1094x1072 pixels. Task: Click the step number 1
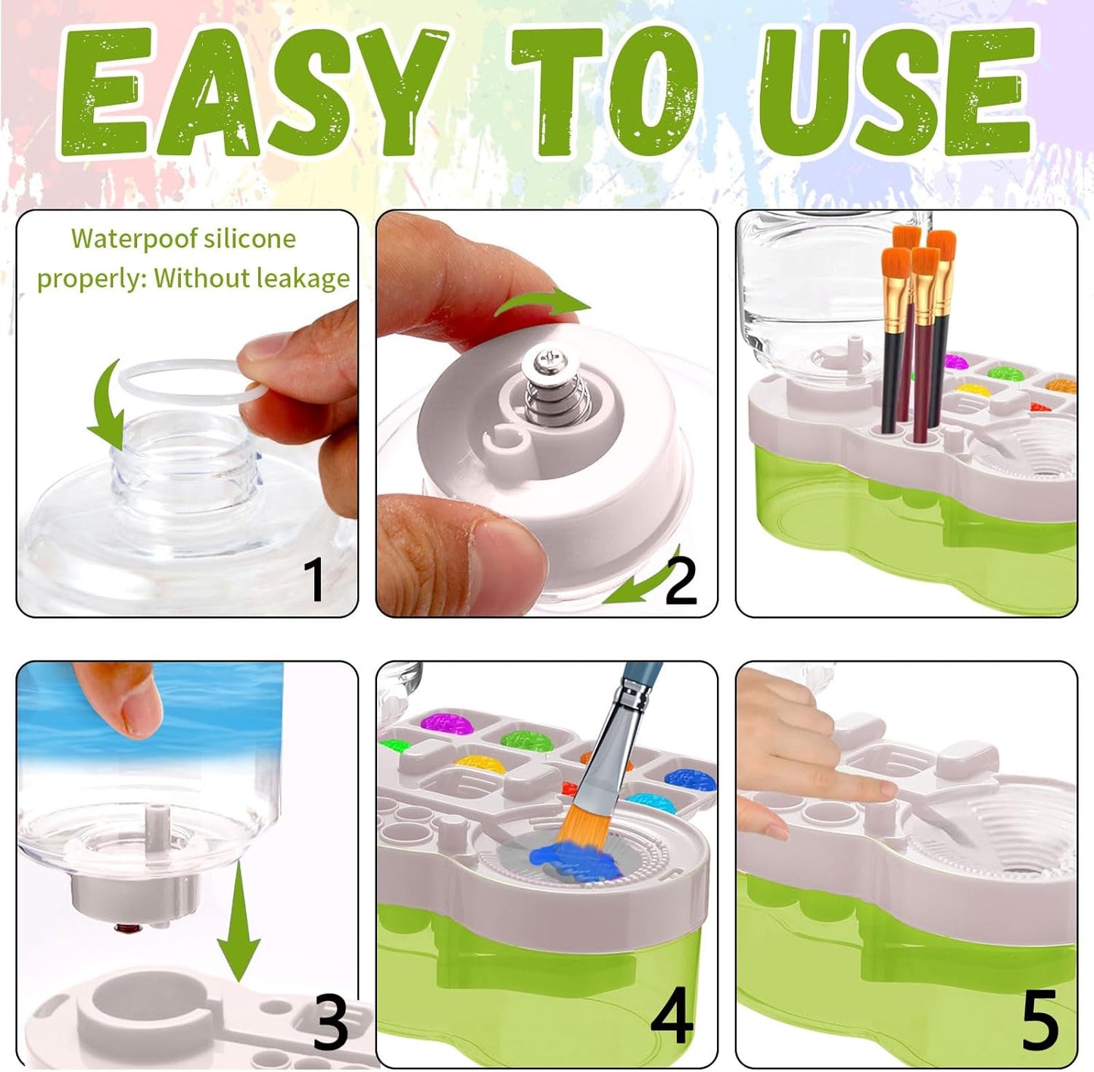pyautogui.click(x=314, y=579)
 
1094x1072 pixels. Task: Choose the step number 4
pyautogui.click(x=672, y=1017)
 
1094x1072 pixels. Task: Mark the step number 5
pyautogui.click(x=1039, y=1020)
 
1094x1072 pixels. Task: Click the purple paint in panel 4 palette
pyautogui.click(x=447, y=721)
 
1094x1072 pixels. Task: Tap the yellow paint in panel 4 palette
pyautogui.click(x=481, y=763)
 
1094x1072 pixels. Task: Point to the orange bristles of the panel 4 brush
pyautogui.click(x=581, y=821)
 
